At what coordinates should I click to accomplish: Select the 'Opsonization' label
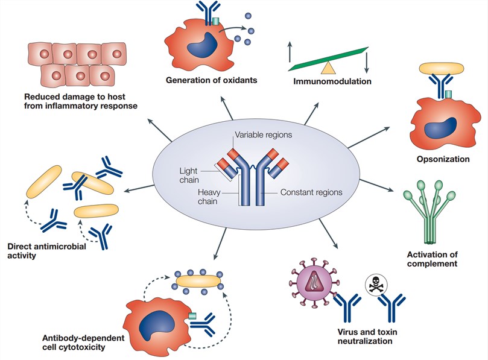coord(443,159)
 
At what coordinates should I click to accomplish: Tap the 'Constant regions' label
coord(312,193)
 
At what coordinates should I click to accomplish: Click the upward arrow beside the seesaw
coord(290,52)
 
